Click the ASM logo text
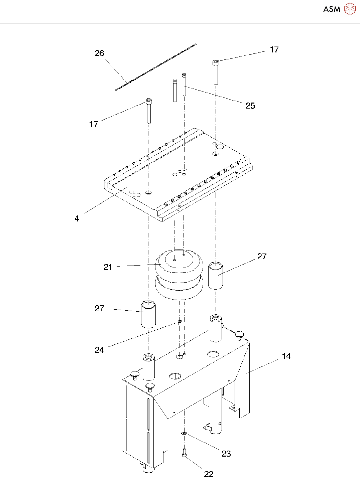tap(332, 9)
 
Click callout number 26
tap(99, 53)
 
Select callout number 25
tap(250, 106)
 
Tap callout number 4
tap(77, 218)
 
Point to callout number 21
tap(108, 267)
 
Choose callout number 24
tap(99, 350)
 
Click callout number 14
tap(286, 356)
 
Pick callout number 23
tap(226, 454)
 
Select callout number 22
tap(209, 474)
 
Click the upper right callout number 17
tap(274, 50)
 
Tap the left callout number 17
tap(94, 124)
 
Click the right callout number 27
tap(262, 257)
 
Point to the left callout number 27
tap(99, 309)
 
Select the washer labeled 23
tap(184, 434)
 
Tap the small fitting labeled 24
tap(179, 322)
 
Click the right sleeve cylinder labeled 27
tap(216, 276)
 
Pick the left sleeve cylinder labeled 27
tap(148, 314)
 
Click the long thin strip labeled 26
tap(156, 67)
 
